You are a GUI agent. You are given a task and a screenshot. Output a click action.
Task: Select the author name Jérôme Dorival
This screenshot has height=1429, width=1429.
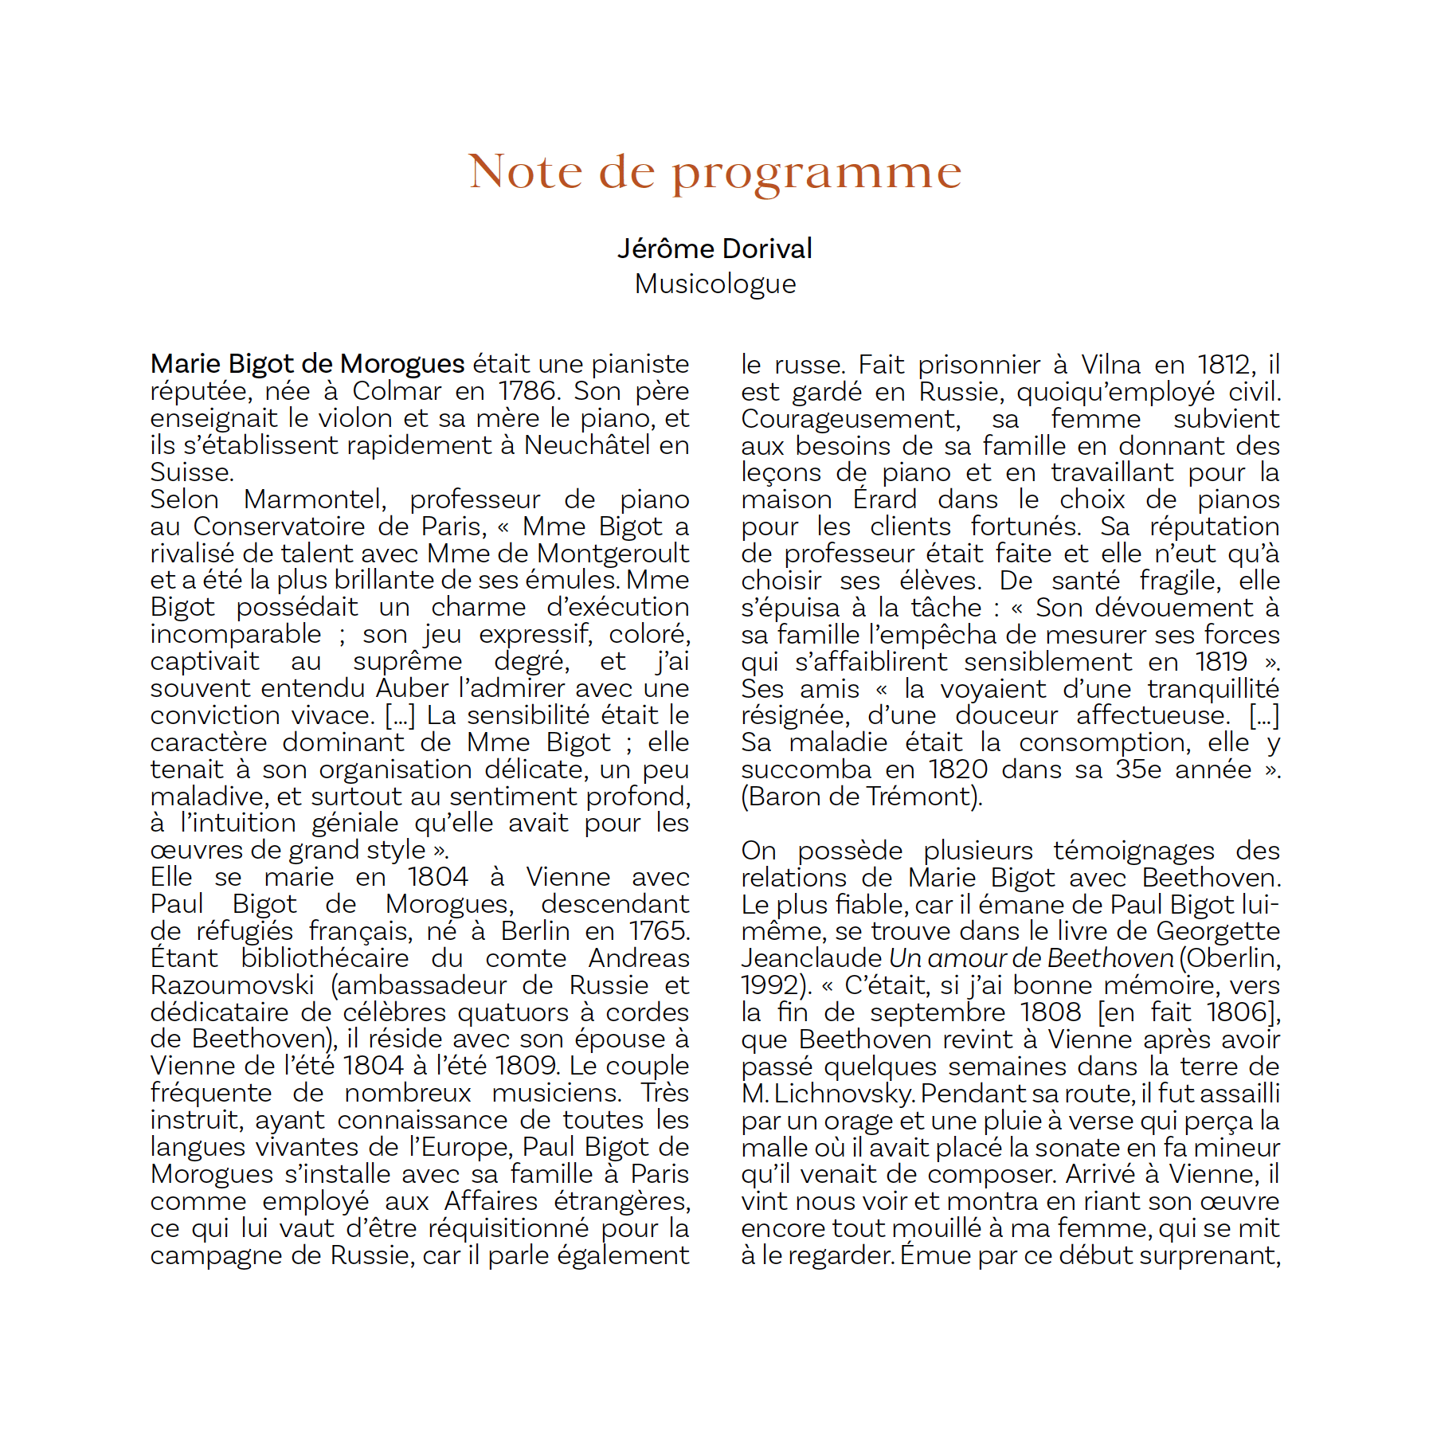[714, 249]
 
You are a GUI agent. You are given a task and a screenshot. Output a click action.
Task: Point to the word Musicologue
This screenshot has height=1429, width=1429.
[714, 284]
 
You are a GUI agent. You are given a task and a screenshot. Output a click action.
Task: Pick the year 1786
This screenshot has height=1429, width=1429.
[527, 391]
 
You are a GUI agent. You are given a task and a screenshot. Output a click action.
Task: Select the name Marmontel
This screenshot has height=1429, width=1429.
[315, 499]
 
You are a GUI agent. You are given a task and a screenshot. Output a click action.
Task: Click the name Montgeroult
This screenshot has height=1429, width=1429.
[613, 553]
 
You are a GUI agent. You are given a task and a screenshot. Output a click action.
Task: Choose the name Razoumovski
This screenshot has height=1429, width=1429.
[233, 985]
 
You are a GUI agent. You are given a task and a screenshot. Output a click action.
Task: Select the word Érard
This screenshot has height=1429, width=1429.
[885, 499]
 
